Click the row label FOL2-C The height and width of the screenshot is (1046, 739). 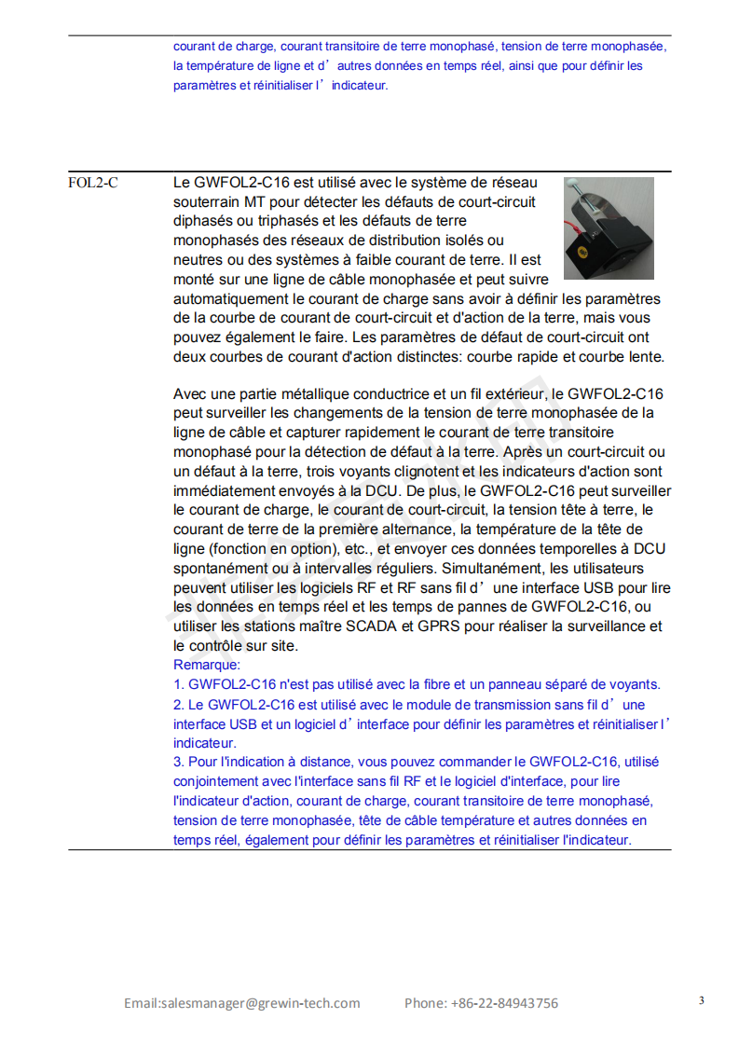pos(92,183)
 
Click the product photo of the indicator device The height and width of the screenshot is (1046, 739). pos(609,228)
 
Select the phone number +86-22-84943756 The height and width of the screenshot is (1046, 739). pos(504,1003)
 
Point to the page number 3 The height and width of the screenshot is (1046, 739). pos(701,1000)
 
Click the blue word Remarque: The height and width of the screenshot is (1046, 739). pos(207,665)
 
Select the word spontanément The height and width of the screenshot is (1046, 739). pos(217,568)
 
